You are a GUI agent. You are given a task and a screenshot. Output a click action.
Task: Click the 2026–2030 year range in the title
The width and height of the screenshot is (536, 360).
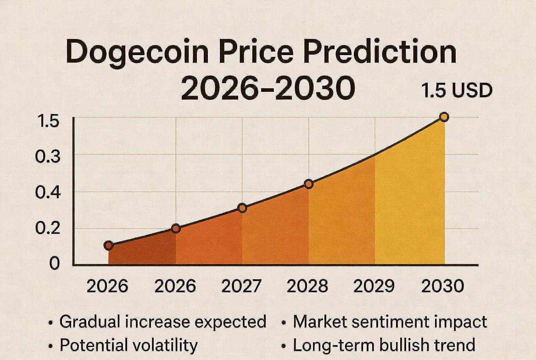pos(268,88)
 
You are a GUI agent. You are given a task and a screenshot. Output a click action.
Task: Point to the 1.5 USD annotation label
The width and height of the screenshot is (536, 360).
pos(457,91)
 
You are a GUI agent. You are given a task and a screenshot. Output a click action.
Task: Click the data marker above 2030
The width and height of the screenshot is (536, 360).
pos(444,117)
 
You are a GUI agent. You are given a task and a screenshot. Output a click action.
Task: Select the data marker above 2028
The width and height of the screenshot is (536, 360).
pos(308,184)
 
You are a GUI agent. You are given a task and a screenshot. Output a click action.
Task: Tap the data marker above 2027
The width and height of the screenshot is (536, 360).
pos(242,208)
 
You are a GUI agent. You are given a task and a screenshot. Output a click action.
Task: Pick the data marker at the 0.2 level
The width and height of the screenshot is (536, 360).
pos(176,229)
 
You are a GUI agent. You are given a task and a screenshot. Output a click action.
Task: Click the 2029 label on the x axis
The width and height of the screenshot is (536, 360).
pos(374,287)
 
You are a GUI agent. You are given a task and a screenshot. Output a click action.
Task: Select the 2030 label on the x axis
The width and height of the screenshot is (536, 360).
pos(442,287)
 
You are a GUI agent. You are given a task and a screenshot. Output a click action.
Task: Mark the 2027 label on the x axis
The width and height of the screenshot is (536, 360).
pos(242,287)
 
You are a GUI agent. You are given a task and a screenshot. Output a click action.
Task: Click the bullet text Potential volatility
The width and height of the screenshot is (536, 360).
pos(128,345)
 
